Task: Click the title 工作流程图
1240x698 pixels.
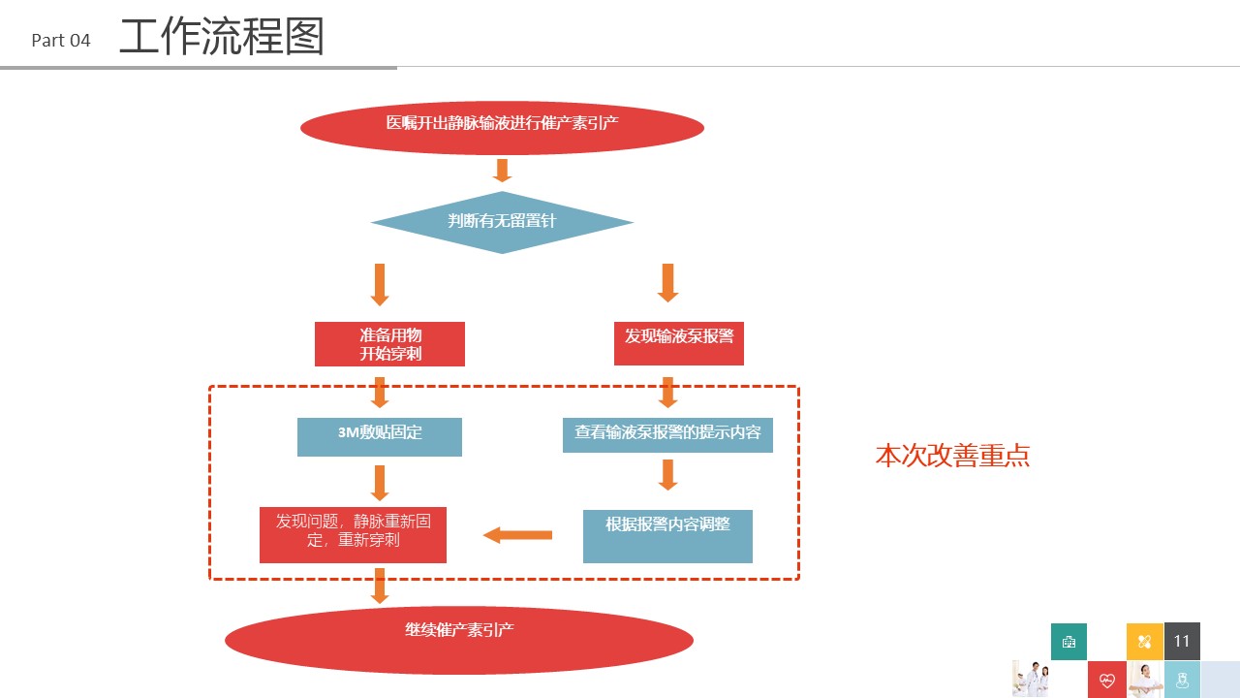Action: pyautogui.click(x=222, y=37)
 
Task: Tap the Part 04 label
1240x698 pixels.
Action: pyautogui.click(x=61, y=41)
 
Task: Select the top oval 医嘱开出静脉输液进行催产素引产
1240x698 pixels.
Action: pyautogui.click(x=502, y=127)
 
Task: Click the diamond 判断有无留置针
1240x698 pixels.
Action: pyautogui.click(x=502, y=222)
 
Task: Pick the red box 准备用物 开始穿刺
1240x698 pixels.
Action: pyautogui.click(x=389, y=344)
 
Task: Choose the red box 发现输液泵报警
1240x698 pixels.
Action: pyautogui.click(x=679, y=343)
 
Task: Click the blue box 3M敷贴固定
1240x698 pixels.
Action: pyautogui.click(x=380, y=437)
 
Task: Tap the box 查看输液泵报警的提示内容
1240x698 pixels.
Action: pyautogui.click(x=667, y=435)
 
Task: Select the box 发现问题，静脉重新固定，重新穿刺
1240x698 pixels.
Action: pyautogui.click(x=354, y=535)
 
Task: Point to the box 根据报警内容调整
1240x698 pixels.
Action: pyautogui.click(x=667, y=536)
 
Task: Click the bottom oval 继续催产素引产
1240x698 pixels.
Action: pyautogui.click(x=459, y=640)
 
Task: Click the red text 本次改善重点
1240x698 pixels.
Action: pyautogui.click(x=952, y=456)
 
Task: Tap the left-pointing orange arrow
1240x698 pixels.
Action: pyautogui.click(x=517, y=535)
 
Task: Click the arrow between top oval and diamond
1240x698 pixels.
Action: pyautogui.click(x=502, y=171)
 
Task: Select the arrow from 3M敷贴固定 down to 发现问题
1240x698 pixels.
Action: pyautogui.click(x=380, y=483)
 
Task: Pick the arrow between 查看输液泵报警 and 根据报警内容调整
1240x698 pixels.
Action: pyautogui.click(x=668, y=475)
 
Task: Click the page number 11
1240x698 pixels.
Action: pyautogui.click(x=1182, y=641)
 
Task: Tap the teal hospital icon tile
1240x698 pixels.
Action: pyautogui.click(x=1069, y=642)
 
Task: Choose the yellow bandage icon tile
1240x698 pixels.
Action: pyautogui.click(x=1145, y=642)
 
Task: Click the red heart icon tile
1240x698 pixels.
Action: pyautogui.click(x=1107, y=680)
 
